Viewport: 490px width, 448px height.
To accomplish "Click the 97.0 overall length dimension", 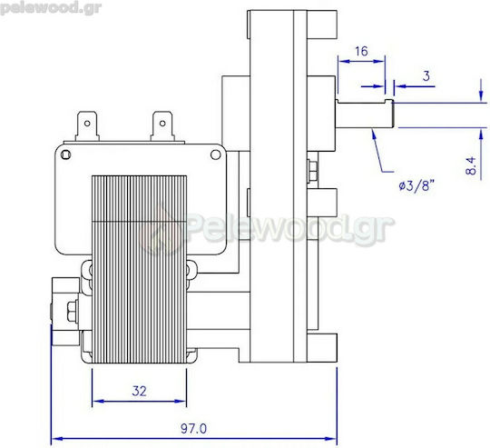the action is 194,428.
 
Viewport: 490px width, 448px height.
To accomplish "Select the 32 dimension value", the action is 139,391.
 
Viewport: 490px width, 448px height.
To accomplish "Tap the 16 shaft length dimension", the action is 361,51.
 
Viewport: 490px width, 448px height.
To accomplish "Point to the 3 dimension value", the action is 426,76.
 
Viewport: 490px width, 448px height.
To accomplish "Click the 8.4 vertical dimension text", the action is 471,165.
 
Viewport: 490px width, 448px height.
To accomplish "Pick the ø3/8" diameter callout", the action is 416,185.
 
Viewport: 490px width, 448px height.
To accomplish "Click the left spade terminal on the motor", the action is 87,126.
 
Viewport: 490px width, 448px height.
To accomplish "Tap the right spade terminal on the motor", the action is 162,126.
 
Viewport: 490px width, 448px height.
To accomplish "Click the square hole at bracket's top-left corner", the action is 65,154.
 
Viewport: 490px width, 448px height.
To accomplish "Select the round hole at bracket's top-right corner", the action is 215,154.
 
